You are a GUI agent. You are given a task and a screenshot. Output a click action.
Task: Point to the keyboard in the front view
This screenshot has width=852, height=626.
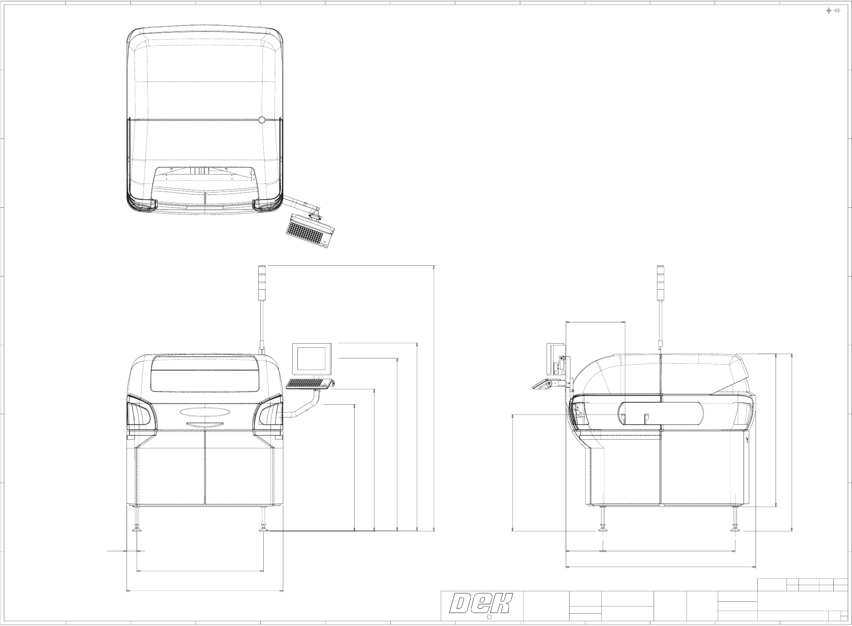pos(309,384)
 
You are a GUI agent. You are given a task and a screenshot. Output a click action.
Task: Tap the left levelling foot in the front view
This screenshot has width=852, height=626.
pos(137,519)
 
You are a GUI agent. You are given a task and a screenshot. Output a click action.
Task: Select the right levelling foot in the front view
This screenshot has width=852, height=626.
pos(263,519)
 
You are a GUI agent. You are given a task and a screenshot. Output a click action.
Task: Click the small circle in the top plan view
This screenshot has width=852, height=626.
pos(262,120)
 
